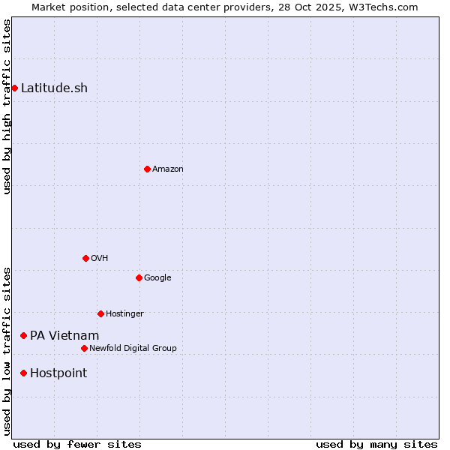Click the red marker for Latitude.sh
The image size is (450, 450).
14,88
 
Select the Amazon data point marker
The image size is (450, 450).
147,169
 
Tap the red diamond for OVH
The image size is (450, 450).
85,258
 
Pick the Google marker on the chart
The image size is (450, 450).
139,277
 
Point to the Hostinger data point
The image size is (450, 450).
100,313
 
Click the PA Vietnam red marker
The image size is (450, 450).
23,335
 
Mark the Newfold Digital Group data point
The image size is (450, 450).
84,348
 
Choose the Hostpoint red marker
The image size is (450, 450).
23,373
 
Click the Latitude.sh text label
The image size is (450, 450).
54,88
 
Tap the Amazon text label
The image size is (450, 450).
168,169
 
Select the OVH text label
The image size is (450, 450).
100,258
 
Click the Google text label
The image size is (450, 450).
157,277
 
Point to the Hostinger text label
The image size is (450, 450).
124,313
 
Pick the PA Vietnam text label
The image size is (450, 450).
64,335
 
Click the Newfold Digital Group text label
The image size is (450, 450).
133,348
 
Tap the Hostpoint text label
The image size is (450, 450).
58,373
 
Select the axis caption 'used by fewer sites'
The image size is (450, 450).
77,444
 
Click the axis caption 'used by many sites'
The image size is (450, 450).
376,444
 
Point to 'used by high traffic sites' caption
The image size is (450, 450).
7,106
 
